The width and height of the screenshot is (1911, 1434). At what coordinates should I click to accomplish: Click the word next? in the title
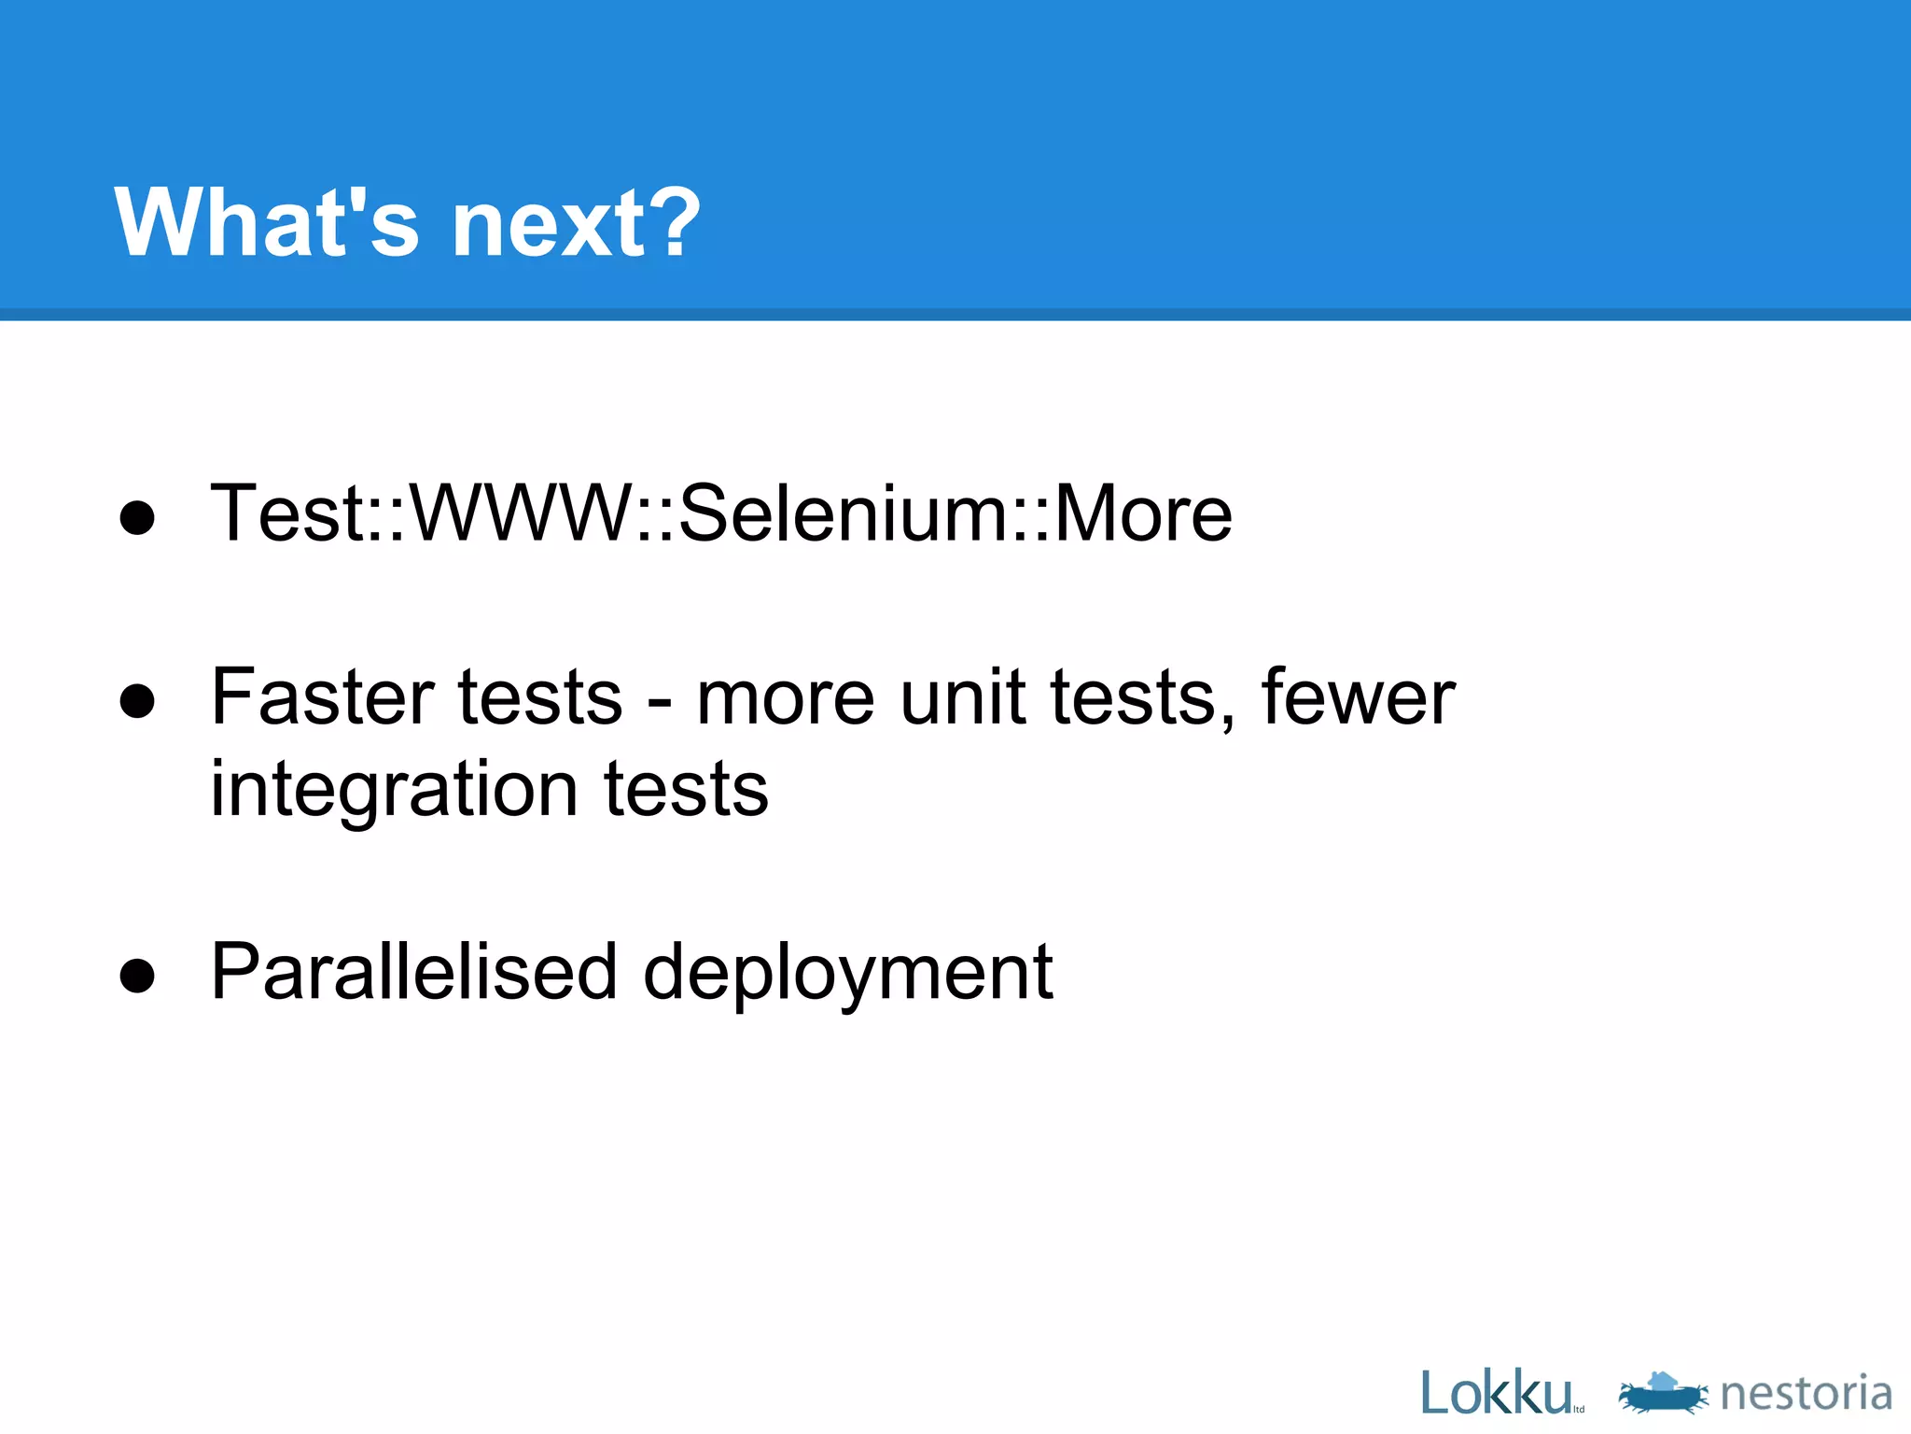pos(575,224)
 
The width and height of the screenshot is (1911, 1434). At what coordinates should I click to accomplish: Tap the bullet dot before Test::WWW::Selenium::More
pos(137,517)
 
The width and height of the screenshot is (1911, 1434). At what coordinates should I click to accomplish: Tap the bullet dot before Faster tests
pos(137,701)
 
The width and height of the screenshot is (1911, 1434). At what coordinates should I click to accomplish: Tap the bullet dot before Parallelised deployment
pos(137,977)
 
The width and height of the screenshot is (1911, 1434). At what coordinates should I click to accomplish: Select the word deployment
pos(847,976)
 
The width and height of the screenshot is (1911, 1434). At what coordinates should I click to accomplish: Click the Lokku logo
pos(1495,1393)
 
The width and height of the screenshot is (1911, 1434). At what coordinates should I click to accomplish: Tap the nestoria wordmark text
pos(1806,1393)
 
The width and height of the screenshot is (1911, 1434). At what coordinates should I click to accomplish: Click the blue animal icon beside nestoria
pos(1663,1393)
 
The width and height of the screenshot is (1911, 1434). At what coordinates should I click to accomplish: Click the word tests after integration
pos(686,790)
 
